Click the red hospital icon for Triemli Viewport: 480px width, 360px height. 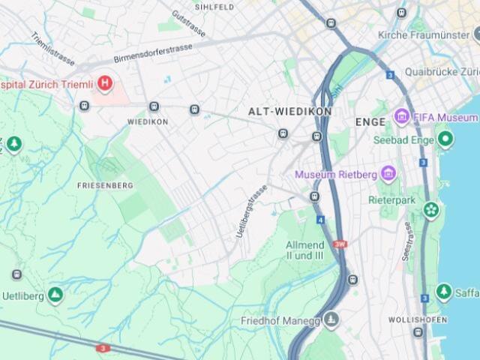pyautogui.click(x=105, y=83)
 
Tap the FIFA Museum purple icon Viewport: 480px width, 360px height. pyautogui.click(x=402, y=118)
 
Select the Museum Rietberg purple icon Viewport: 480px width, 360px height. pyautogui.click(x=388, y=175)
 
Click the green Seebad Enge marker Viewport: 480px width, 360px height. pyautogui.click(x=445, y=139)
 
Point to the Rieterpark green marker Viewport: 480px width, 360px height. pyautogui.click(x=430, y=209)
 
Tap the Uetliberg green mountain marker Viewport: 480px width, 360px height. pyautogui.click(x=55, y=295)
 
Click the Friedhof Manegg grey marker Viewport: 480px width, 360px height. pyautogui.click(x=331, y=320)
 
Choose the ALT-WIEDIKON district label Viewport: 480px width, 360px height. pyautogui.click(x=289, y=111)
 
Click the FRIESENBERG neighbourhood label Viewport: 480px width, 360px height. pyautogui.click(x=105, y=185)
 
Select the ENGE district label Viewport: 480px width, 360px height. pyautogui.click(x=370, y=121)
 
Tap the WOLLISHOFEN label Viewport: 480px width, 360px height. pyautogui.click(x=418, y=319)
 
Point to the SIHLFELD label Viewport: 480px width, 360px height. pyautogui.click(x=214, y=7)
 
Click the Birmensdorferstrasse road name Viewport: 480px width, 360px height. pyautogui.click(x=153, y=52)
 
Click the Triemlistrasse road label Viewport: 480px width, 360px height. pyautogui.click(x=52, y=48)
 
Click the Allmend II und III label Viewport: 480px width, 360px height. pyautogui.click(x=304, y=250)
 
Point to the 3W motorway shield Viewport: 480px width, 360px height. pyautogui.click(x=340, y=244)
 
